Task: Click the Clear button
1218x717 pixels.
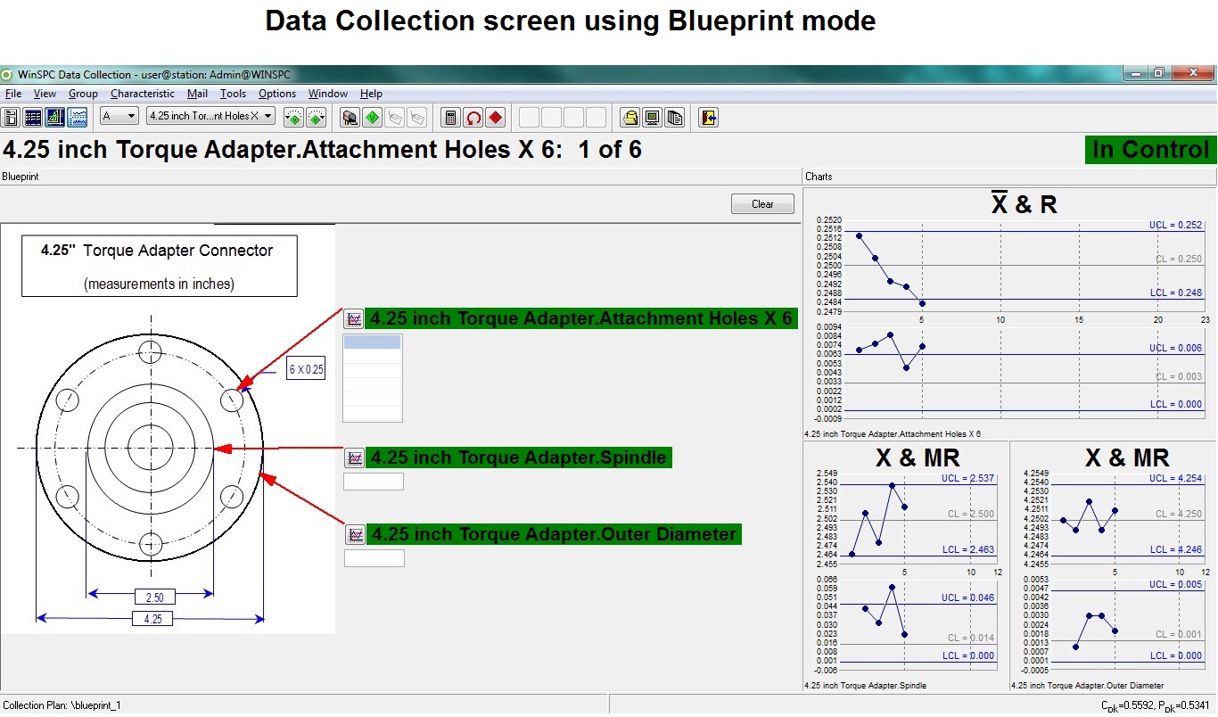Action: tap(762, 204)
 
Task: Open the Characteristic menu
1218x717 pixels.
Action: tap(143, 94)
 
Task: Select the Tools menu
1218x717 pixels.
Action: tap(233, 94)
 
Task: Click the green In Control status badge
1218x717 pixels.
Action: tap(1150, 150)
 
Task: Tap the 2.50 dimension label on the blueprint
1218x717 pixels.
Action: tap(153, 597)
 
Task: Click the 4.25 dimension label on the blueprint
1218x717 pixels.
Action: tap(152, 619)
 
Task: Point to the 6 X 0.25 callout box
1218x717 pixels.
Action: tap(306, 369)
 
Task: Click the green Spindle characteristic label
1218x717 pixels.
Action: tap(518, 457)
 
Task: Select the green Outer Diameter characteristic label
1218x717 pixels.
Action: tap(554, 534)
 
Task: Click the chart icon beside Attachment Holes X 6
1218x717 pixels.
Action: tap(354, 318)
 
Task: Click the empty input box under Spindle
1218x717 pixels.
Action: tap(374, 482)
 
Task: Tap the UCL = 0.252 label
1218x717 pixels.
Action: tap(1175, 226)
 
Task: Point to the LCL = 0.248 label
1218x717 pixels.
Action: tap(1175, 293)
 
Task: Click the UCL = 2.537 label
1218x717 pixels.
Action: tap(967, 478)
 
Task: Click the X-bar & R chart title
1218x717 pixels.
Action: tap(1024, 204)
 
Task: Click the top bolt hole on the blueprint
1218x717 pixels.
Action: tap(151, 349)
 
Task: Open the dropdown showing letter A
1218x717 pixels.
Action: tap(119, 116)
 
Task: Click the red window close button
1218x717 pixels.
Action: tap(1191, 74)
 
